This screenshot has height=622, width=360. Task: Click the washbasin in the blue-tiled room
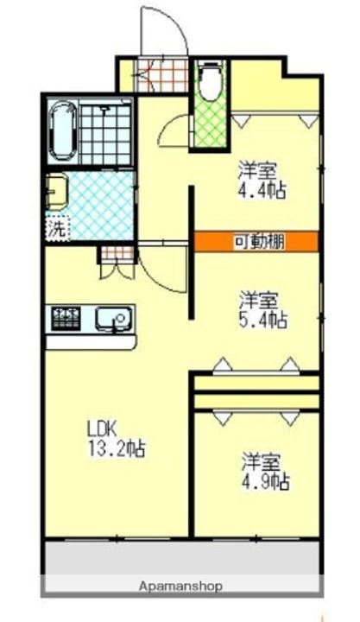[x=56, y=191]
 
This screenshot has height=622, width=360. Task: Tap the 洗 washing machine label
[x=55, y=230]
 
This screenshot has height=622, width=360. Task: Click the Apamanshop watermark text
[x=180, y=586]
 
